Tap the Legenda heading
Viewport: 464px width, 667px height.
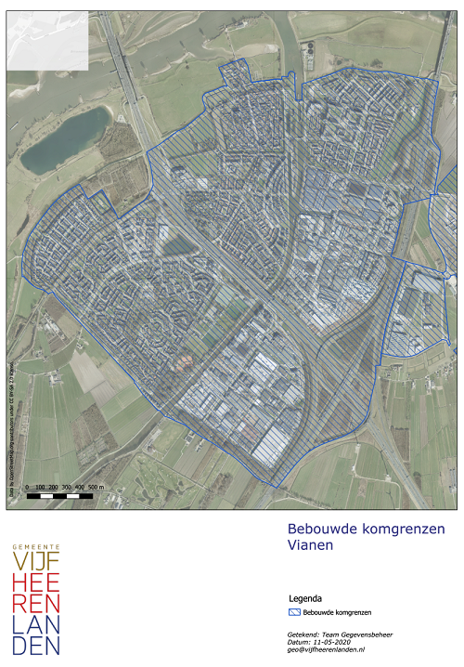(x=306, y=598)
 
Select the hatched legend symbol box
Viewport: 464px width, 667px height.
(x=296, y=613)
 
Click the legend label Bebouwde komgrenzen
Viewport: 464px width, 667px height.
(x=338, y=613)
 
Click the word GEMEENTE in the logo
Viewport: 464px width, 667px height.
(x=36, y=546)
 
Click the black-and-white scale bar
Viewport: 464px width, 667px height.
(x=60, y=495)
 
